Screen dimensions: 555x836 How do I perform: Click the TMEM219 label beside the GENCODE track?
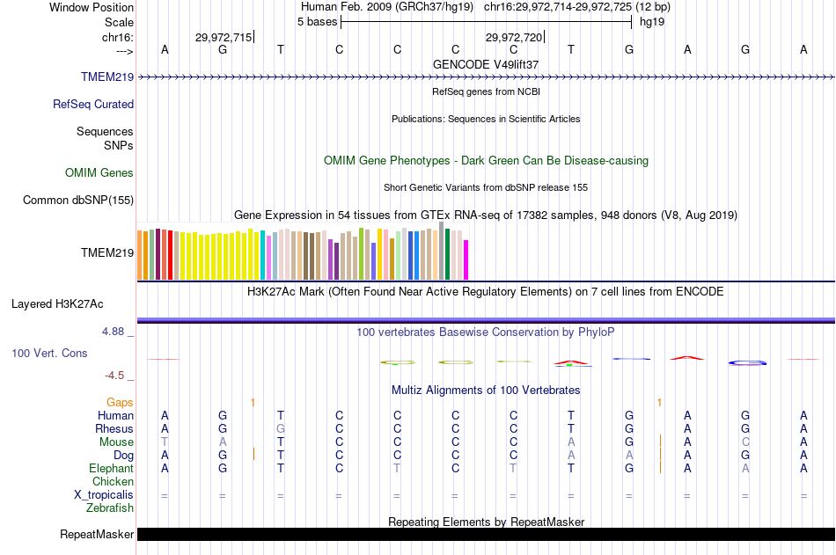107,77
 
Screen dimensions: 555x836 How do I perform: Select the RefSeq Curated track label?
93,104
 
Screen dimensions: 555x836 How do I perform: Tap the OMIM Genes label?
99,172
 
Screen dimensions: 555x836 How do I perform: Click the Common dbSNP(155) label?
78,200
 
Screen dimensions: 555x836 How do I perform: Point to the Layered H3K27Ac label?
57,304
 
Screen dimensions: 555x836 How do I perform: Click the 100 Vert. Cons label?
49,353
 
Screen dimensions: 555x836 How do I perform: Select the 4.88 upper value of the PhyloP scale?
114,332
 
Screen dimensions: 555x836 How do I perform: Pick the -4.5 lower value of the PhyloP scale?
115,376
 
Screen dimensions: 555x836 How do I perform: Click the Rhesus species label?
114,428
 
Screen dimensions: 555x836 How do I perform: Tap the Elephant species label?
112,468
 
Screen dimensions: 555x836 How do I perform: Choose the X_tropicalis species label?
104,494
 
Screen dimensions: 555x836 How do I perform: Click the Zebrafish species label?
110,508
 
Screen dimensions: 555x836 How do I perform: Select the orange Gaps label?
120,402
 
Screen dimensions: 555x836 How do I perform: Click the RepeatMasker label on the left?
97,534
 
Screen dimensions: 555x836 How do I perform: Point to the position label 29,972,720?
514,37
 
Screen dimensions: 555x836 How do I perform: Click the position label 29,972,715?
223,37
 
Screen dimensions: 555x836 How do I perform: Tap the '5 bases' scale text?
317,21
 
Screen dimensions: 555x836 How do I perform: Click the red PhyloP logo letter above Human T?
571,361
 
